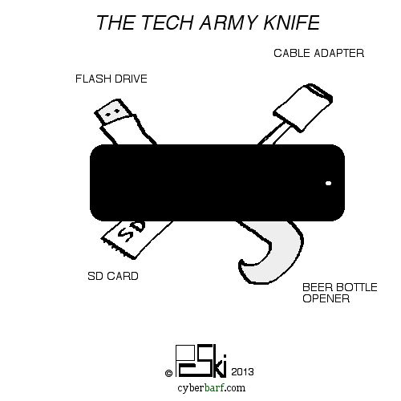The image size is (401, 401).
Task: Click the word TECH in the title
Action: [167, 22]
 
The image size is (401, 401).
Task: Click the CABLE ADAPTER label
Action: [318, 53]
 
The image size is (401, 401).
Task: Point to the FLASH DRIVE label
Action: [111, 79]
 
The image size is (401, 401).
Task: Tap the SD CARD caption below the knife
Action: [113, 276]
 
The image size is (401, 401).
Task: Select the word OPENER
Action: [326, 298]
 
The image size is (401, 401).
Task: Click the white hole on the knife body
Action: [329, 183]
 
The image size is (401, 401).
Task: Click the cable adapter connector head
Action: [303, 107]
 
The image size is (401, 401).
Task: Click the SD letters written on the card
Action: [132, 231]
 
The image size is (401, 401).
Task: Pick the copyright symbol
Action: [168, 373]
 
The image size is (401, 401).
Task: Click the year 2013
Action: [242, 372]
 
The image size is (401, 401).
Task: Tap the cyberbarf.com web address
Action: [211, 387]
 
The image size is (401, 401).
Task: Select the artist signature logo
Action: [201, 361]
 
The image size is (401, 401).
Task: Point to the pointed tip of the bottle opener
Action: [241, 261]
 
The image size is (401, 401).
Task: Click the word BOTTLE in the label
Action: [355, 287]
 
